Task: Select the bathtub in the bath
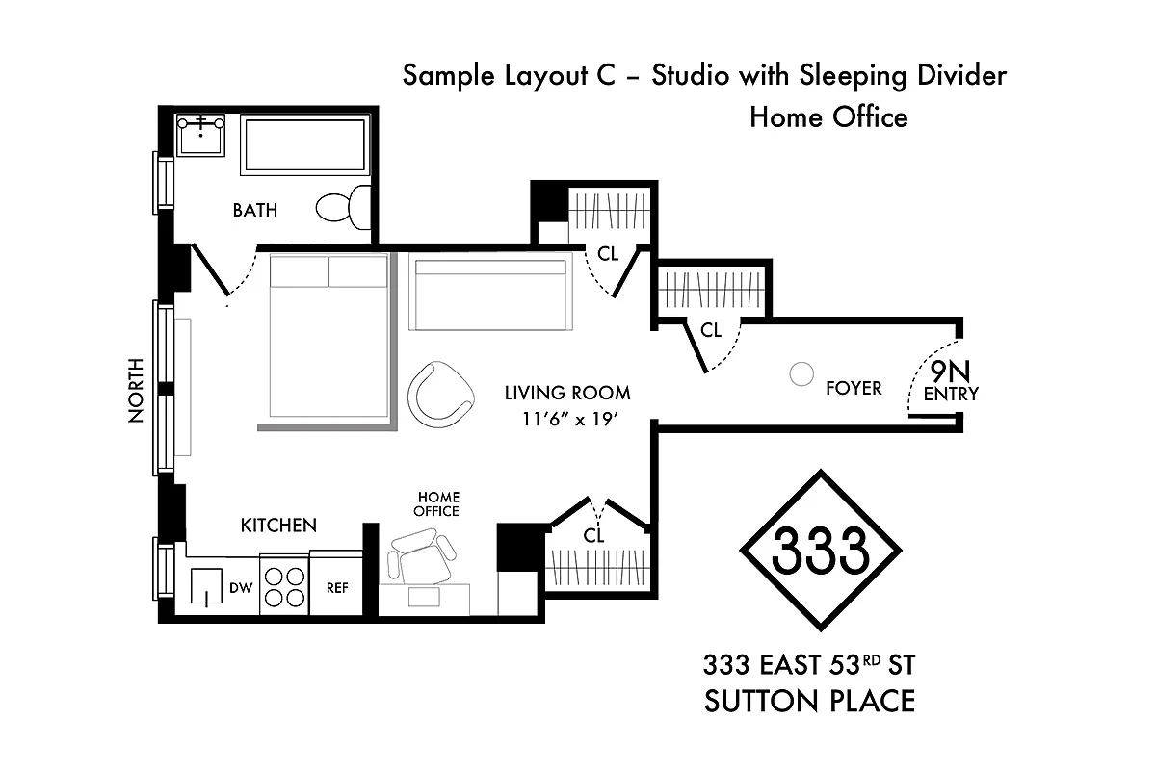303,145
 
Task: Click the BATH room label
254,210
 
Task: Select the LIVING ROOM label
568,393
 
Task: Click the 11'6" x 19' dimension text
568,419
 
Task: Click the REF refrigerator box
336,587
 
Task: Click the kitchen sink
207,586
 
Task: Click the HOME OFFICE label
436,504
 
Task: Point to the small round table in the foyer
801,374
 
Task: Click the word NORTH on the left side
135,390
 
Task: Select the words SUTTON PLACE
809,702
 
